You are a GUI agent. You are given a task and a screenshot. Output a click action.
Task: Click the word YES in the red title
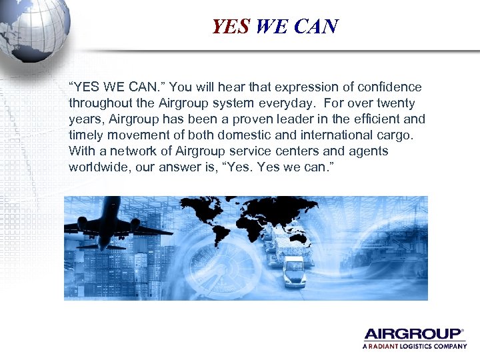pyautogui.click(x=230, y=27)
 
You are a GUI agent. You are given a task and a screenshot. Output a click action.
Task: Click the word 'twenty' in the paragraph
pyautogui.click(x=398, y=103)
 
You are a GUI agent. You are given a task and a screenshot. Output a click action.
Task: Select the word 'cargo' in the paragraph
pyautogui.click(x=396, y=135)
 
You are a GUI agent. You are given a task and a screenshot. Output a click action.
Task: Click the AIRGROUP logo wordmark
pyautogui.click(x=413, y=334)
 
